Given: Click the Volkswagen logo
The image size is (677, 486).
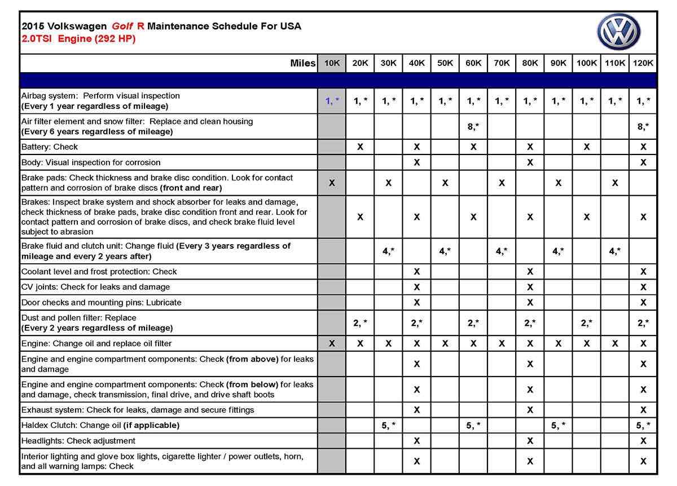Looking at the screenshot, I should [x=619, y=32].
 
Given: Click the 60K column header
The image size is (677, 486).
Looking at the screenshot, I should [x=473, y=63].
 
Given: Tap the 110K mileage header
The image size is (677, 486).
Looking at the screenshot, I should [x=615, y=63].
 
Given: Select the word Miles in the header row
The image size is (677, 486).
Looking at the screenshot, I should [x=302, y=63].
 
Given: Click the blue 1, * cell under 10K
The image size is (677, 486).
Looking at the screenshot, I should [x=332, y=101].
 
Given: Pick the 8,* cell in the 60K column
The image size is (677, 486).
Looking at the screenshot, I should [x=473, y=127].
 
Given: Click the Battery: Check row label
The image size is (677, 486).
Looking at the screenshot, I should [x=50, y=147].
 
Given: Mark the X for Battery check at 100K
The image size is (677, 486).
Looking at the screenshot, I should [x=587, y=147].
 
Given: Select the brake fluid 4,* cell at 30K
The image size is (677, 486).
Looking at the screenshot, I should [x=389, y=251].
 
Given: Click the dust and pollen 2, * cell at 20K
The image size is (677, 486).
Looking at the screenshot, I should [x=360, y=322].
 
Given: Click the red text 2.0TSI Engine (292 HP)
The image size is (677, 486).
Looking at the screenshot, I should [x=78, y=39].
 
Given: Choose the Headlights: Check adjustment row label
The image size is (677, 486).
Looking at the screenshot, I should [x=78, y=441].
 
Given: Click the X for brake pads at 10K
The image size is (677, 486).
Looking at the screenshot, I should [x=332, y=183].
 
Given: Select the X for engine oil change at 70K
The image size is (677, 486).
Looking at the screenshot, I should [x=502, y=343].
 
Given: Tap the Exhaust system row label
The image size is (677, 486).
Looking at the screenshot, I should [x=138, y=410].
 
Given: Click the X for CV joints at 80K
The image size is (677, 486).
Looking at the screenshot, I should [x=530, y=287].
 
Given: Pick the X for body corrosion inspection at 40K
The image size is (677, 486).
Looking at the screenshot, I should [x=417, y=162].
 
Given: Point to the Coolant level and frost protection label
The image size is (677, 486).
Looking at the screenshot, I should [x=99, y=272].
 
